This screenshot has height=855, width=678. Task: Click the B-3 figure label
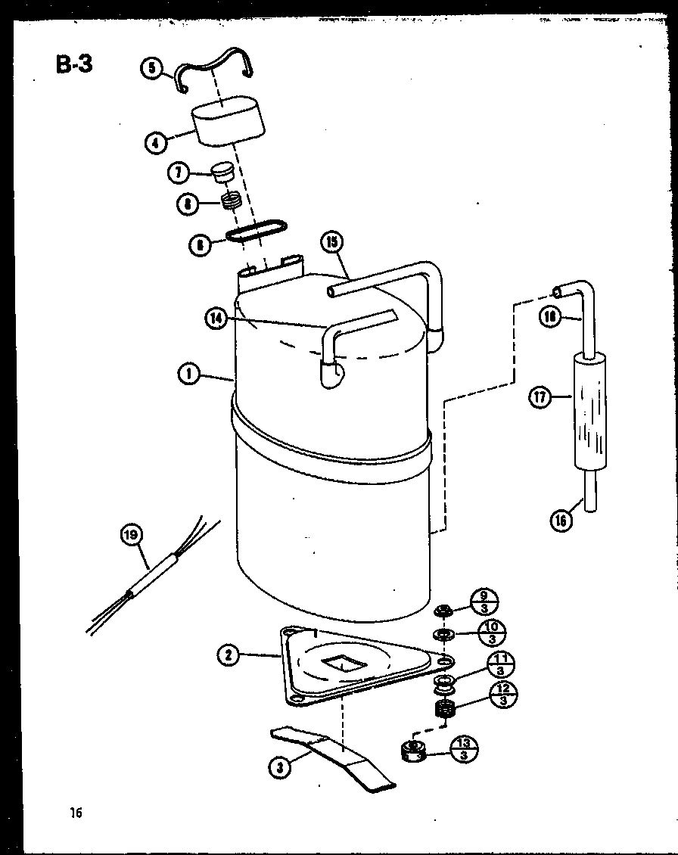point(74,64)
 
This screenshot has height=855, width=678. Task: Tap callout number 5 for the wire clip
point(152,68)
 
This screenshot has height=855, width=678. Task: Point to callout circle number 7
point(179,173)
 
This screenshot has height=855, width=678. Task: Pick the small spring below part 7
point(230,202)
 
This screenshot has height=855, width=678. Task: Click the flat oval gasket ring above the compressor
point(258,230)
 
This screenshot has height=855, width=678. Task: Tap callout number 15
point(331,243)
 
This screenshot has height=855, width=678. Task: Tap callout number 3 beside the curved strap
point(281,767)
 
